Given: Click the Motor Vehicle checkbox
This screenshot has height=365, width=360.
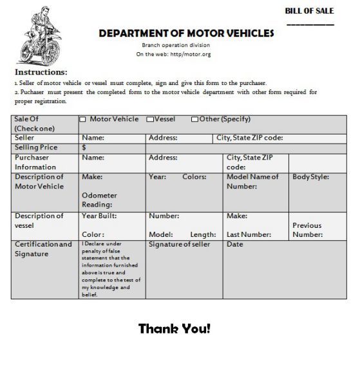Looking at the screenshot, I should [x=82, y=119].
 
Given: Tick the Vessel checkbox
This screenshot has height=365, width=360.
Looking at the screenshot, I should [x=150, y=119].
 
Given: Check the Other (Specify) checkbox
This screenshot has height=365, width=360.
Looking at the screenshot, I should [x=194, y=119].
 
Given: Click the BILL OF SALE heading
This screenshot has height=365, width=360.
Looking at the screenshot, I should [x=310, y=11].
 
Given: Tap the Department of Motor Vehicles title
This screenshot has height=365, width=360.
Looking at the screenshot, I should [x=186, y=33].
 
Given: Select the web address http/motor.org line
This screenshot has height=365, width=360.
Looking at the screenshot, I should [x=173, y=55].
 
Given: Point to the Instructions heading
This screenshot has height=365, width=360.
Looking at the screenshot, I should [x=41, y=72].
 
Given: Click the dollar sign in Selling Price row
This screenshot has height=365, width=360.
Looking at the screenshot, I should [x=84, y=147].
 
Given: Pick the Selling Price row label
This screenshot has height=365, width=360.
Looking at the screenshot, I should [x=36, y=147].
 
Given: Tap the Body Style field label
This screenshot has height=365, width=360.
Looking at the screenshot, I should [x=310, y=177].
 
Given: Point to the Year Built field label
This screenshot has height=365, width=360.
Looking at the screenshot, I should [x=99, y=216].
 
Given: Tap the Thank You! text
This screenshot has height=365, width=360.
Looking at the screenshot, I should [x=174, y=329].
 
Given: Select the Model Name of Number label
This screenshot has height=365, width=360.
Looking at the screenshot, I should [x=252, y=182].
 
